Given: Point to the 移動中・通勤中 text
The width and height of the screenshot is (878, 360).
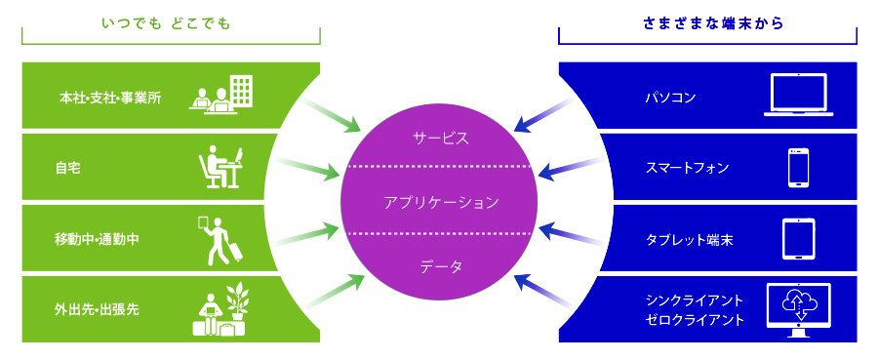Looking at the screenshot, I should click(98, 239).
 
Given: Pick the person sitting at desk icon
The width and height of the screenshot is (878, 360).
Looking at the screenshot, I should click(221, 167).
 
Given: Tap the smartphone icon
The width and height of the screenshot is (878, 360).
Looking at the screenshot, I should click(799, 167).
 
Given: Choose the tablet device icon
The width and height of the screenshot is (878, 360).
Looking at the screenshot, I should click(799, 239).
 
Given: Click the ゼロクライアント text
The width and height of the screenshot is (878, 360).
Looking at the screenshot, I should click(695, 319).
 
